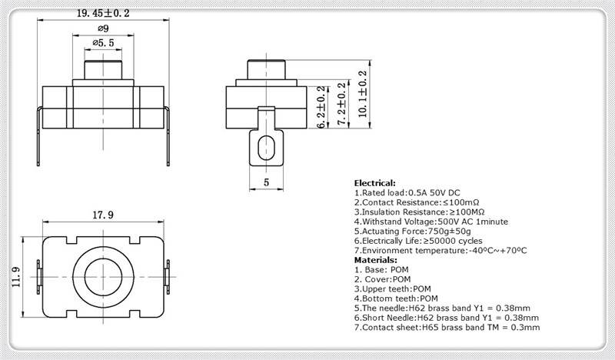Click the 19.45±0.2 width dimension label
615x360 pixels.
103,13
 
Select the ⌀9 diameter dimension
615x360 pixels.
103,28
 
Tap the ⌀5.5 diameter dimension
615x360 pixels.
104,43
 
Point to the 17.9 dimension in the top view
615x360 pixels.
103,215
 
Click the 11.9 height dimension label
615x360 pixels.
16,277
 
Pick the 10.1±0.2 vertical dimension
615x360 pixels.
363,94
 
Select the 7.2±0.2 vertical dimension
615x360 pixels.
342,104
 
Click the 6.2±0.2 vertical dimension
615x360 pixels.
321,107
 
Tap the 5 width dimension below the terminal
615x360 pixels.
267,182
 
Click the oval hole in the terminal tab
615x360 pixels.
266,148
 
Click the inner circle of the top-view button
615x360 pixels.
103,277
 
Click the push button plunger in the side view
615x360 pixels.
266,69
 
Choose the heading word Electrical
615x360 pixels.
374,183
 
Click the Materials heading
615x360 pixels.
375,260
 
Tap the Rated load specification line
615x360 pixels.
407,193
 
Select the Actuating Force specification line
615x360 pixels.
413,232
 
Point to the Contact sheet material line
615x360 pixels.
447,328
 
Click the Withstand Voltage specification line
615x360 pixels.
431,222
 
